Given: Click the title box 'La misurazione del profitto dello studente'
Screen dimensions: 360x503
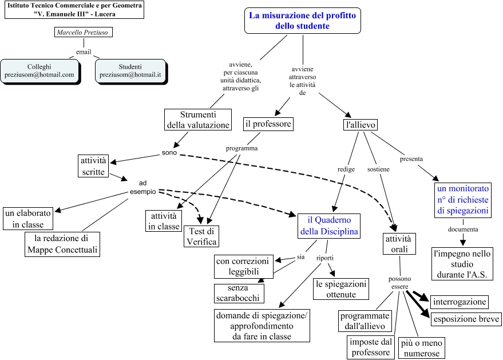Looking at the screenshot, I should [302, 21].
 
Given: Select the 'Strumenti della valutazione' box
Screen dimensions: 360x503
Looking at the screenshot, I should [198, 120].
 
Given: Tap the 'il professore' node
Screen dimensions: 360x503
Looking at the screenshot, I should [268, 124].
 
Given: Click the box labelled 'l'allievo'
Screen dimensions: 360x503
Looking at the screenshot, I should [361, 125].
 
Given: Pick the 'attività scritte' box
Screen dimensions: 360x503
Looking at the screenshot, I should [93, 165].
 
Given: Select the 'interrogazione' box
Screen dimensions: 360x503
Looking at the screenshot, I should [460, 302].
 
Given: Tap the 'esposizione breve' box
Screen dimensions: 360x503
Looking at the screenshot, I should [465, 319].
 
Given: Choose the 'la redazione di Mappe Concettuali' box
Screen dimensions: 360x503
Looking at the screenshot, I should [62, 244].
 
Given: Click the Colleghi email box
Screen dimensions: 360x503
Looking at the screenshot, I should [39, 70].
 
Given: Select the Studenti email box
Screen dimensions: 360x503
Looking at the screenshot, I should [130, 70].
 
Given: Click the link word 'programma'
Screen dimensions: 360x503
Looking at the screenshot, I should [242, 148].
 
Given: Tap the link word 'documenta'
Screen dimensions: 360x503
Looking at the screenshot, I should [463, 229].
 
